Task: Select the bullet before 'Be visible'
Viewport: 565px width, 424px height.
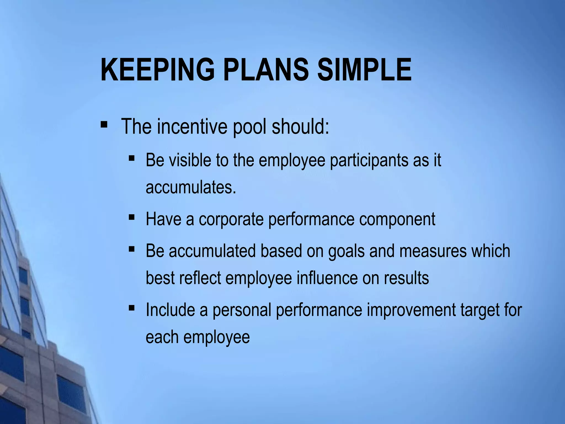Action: pyautogui.click(x=132, y=158)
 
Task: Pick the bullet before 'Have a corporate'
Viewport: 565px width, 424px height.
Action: pyautogui.click(x=132, y=217)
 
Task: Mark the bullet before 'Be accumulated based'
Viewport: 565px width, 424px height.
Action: pyautogui.click(x=132, y=249)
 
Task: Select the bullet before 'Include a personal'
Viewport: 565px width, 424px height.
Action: pyautogui.click(x=132, y=308)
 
